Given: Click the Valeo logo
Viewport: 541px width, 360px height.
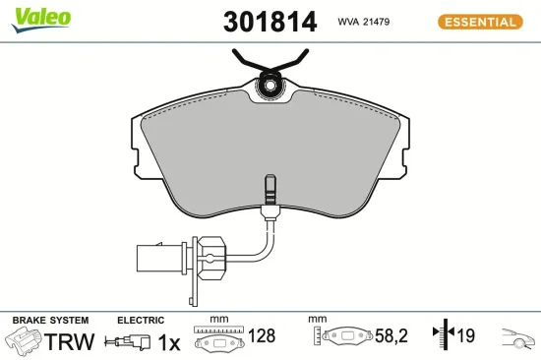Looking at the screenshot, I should click(39, 18).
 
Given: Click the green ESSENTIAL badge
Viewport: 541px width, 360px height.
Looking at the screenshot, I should click(478, 22).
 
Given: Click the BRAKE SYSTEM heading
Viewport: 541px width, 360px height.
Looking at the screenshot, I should click(50, 321).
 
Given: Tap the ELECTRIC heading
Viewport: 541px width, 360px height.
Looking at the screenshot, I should click(141, 321).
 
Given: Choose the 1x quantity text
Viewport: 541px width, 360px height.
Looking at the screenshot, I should click(169, 342).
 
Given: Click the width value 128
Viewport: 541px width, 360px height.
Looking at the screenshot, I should click(262, 336).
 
